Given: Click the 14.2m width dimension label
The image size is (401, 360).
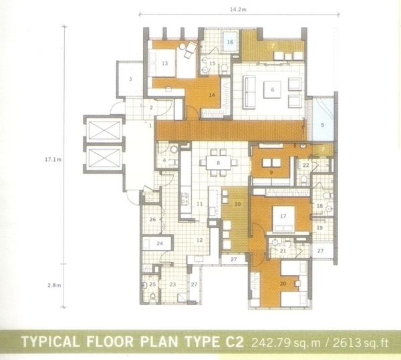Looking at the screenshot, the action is [238, 10].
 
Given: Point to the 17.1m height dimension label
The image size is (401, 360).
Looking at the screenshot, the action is [53, 160].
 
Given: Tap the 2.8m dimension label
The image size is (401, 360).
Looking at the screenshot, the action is [54, 285].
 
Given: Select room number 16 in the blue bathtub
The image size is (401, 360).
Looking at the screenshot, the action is [230, 42].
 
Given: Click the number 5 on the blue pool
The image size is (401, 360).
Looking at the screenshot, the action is [323, 125].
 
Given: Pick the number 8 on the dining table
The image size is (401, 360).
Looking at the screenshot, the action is [218, 162].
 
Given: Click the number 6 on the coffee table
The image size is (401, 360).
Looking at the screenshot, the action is [273, 89].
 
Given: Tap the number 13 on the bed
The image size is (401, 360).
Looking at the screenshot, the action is [164, 63].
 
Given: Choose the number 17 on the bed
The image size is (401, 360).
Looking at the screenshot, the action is [283, 216].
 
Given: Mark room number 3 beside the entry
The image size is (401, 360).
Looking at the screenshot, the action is [130, 79].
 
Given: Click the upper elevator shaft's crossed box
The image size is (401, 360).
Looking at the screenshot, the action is [104, 130].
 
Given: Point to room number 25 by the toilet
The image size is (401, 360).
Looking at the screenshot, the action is [152, 285].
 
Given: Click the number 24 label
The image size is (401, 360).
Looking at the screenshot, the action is [160, 243].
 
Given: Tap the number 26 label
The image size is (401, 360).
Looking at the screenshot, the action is [152, 219].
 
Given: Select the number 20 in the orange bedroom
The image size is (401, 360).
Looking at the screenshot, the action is [283, 283].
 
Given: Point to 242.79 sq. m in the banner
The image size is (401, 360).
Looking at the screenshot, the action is [286, 343].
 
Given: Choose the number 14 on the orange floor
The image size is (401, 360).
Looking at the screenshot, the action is [212, 95].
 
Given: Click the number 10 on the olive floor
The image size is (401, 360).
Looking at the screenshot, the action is [237, 204].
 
